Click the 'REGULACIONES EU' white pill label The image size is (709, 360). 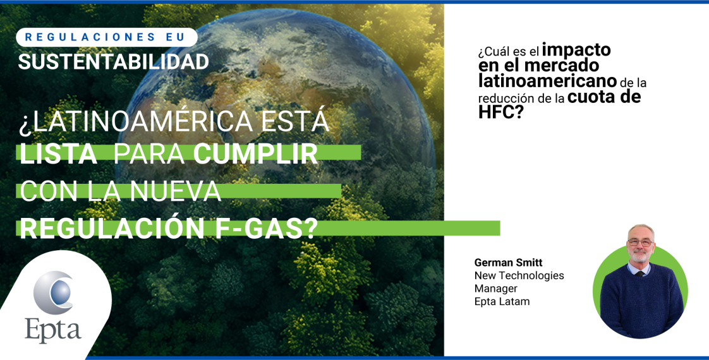(x=105, y=37)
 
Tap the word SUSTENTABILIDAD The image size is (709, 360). (x=113, y=62)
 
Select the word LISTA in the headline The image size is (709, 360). (x=58, y=155)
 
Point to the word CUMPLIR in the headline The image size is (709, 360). (x=255, y=155)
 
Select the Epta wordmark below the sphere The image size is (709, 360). (x=53, y=330)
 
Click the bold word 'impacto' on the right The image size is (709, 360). (x=576, y=49)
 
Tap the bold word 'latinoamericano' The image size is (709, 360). (x=547, y=81)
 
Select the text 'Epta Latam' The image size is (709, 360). (x=502, y=302)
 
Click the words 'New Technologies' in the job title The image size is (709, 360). (x=519, y=276)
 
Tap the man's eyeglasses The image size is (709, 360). (x=639, y=241)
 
